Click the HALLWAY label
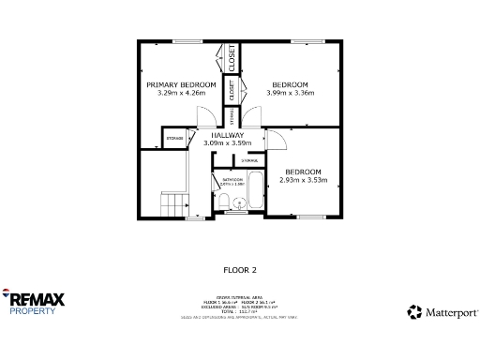click(228, 135)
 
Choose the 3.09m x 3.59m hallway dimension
click(228, 142)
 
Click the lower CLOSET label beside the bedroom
click(232, 90)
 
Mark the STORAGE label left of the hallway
click(175, 140)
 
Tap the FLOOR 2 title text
click(239, 270)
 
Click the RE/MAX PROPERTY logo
click(37, 302)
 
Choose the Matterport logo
click(440, 311)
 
